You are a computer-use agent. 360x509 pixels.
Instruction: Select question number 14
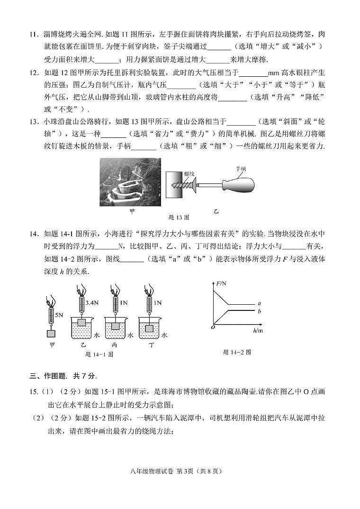coord(34,234)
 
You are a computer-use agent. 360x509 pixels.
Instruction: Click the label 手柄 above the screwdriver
coord(241,169)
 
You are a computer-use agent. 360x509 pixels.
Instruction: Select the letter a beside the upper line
coord(259,303)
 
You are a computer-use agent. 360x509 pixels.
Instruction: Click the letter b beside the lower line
coord(259,311)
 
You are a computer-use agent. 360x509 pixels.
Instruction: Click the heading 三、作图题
coord(63,376)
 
